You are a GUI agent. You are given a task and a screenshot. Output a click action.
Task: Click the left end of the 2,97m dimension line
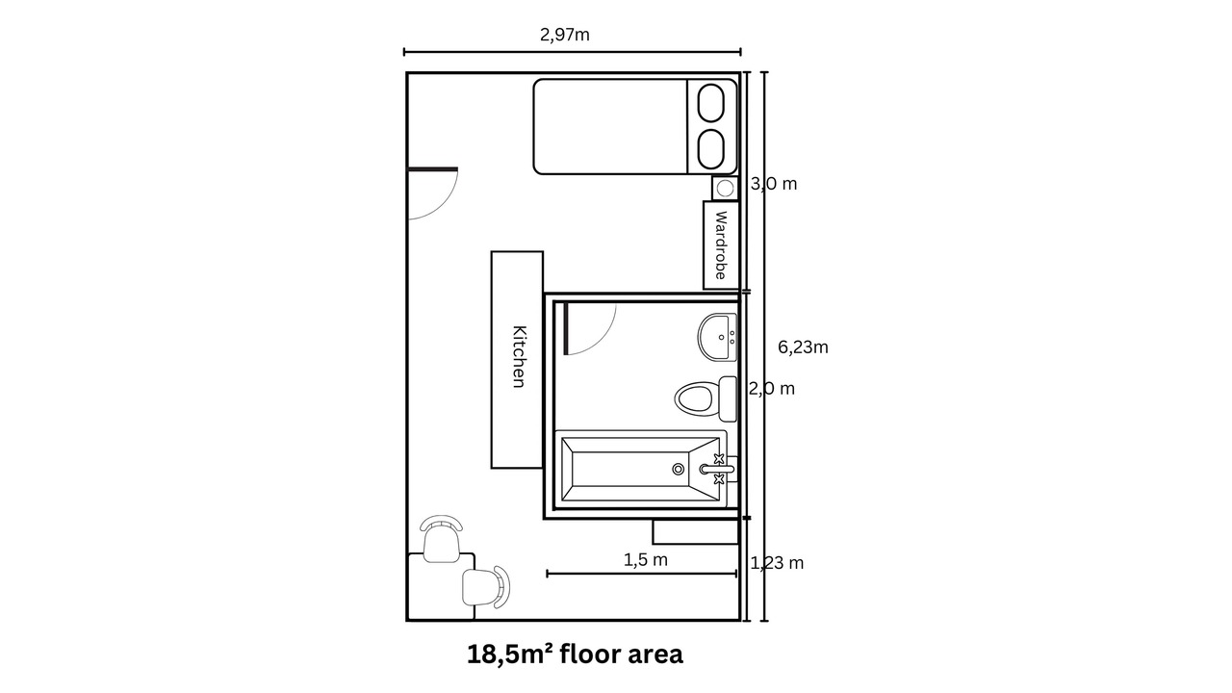click(x=404, y=52)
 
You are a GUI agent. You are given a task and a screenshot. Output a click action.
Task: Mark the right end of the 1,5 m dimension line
click(x=736, y=574)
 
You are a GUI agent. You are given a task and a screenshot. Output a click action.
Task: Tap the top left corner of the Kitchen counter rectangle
click(x=492, y=252)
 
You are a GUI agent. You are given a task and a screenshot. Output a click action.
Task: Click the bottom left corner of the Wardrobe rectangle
click(x=704, y=288)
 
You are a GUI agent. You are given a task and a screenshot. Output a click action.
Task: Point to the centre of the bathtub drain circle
click(x=679, y=469)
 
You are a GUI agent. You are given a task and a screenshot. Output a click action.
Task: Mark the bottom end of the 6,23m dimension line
click(x=764, y=621)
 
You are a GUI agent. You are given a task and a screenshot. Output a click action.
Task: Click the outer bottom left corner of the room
click(x=407, y=621)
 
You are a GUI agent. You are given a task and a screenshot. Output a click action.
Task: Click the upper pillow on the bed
click(x=710, y=103)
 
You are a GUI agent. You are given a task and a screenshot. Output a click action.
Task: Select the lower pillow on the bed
click(x=710, y=149)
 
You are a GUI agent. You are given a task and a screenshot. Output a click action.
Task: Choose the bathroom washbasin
click(x=717, y=337)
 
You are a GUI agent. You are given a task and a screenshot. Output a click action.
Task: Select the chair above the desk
click(x=441, y=538)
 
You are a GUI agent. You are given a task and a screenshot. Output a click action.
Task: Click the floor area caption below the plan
click(x=575, y=654)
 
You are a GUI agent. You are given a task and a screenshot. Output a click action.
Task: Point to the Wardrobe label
click(x=721, y=244)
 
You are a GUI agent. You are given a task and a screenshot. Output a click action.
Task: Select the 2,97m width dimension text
click(x=565, y=35)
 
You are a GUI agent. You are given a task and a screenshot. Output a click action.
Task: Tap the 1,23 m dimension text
click(x=777, y=563)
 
